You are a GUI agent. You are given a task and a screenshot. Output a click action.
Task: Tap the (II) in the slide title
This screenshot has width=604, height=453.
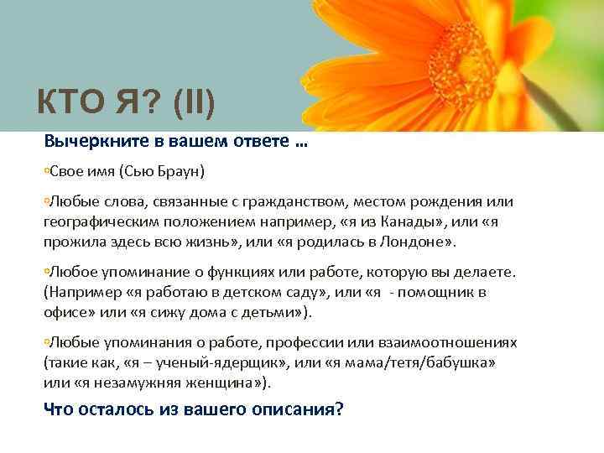pos(194,107)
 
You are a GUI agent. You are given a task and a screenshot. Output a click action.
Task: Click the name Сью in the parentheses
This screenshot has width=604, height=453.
pos(141,172)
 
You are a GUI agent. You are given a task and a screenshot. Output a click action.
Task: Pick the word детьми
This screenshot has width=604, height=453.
pos(271,313)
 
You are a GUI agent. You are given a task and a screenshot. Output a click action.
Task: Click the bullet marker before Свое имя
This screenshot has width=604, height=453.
pos(47,172)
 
